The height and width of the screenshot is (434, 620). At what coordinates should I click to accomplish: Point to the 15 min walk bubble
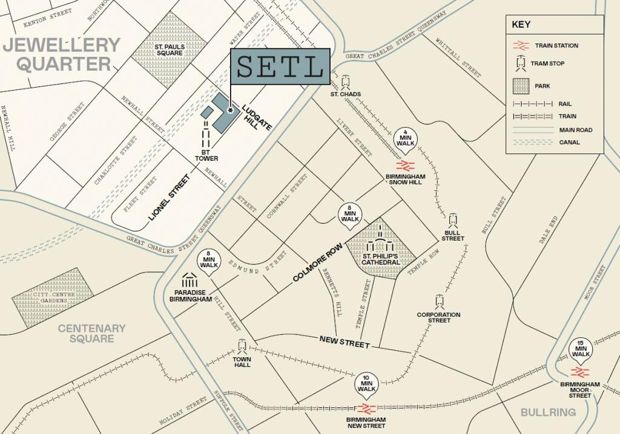point(581,349)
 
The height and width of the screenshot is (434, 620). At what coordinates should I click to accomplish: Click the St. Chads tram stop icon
point(346,82)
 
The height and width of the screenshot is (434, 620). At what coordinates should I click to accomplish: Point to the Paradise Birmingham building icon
point(190,280)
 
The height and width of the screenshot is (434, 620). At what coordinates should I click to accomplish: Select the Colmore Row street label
point(318,264)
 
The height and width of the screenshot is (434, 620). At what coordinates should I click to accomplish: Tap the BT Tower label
point(206,155)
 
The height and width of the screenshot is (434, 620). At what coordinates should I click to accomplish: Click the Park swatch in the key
point(520,86)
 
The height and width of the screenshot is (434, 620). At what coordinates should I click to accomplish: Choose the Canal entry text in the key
point(570,143)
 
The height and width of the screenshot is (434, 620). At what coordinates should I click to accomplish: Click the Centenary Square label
point(91,333)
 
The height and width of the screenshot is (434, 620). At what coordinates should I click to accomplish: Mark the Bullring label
point(548,412)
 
